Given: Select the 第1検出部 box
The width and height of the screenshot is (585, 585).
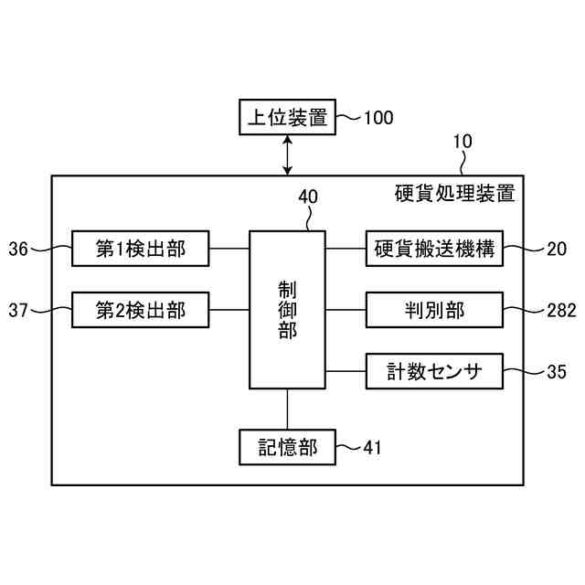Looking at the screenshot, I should (x=141, y=248).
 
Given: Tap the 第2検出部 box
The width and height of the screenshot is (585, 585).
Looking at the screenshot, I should (x=141, y=311).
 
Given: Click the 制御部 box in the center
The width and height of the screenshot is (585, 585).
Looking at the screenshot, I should (x=287, y=309).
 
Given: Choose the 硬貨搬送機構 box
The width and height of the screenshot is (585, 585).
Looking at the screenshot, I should (x=434, y=248).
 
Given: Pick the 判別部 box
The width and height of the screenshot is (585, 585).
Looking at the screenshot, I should (x=434, y=311).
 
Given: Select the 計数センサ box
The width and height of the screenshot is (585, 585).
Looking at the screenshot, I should (x=434, y=372).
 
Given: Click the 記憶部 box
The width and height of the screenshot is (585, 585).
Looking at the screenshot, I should (x=287, y=447).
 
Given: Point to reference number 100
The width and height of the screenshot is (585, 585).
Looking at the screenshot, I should (x=378, y=117).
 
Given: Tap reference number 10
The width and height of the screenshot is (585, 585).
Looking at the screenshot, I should (x=463, y=142).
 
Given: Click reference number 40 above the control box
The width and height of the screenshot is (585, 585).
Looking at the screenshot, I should (x=308, y=197).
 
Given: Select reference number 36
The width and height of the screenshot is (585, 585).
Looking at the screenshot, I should (x=19, y=248).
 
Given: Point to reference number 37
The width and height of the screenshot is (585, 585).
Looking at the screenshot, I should (x=19, y=311).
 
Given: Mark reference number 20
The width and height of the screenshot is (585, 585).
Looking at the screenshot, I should (x=558, y=248).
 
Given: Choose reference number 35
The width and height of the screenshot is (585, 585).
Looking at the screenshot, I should (x=558, y=372).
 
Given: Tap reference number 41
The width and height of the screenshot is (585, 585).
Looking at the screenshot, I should (x=372, y=447).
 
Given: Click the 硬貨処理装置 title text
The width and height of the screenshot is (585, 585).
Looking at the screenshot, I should (x=454, y=194).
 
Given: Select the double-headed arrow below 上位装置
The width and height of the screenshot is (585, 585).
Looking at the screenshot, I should (x=288, y=154).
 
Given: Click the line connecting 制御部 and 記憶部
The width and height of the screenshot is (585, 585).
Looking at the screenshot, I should (x=288, y=409).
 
